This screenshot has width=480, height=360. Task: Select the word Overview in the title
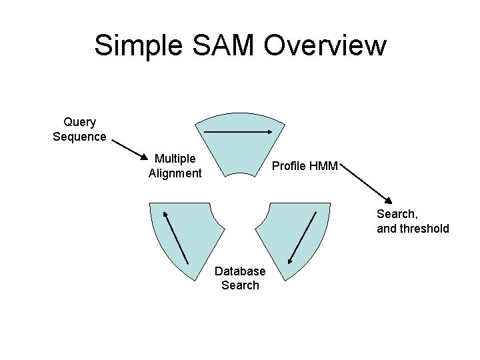(x=325, y=45)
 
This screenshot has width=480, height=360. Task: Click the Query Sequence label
(x=79, y=129)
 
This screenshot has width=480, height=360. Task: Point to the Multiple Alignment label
(x=175, y=166)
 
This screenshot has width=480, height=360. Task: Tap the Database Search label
(x=240, y=278)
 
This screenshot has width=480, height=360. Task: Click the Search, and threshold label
(x=413, y=221)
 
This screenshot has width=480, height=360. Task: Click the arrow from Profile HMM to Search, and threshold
(x=367, y=183)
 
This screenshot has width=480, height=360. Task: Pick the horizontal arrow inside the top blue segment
(x=238, y=132)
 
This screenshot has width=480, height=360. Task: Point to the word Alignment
(x=175, y=173)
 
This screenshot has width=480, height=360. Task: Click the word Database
(x=240, y=271)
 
